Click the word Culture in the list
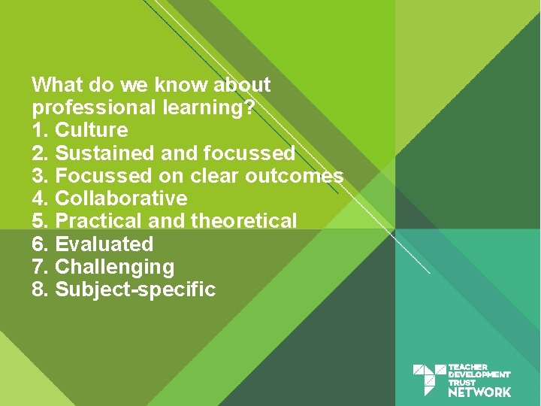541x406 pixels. tap(92, 130)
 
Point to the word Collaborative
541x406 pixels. tap(121, 198)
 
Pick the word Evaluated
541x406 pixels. tap(104, 244)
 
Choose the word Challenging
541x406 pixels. tap(115, 267)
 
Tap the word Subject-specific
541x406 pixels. tap(136, 289)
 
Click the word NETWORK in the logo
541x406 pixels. tap(479, 392)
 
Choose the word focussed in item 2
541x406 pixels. tap(248, 153)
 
